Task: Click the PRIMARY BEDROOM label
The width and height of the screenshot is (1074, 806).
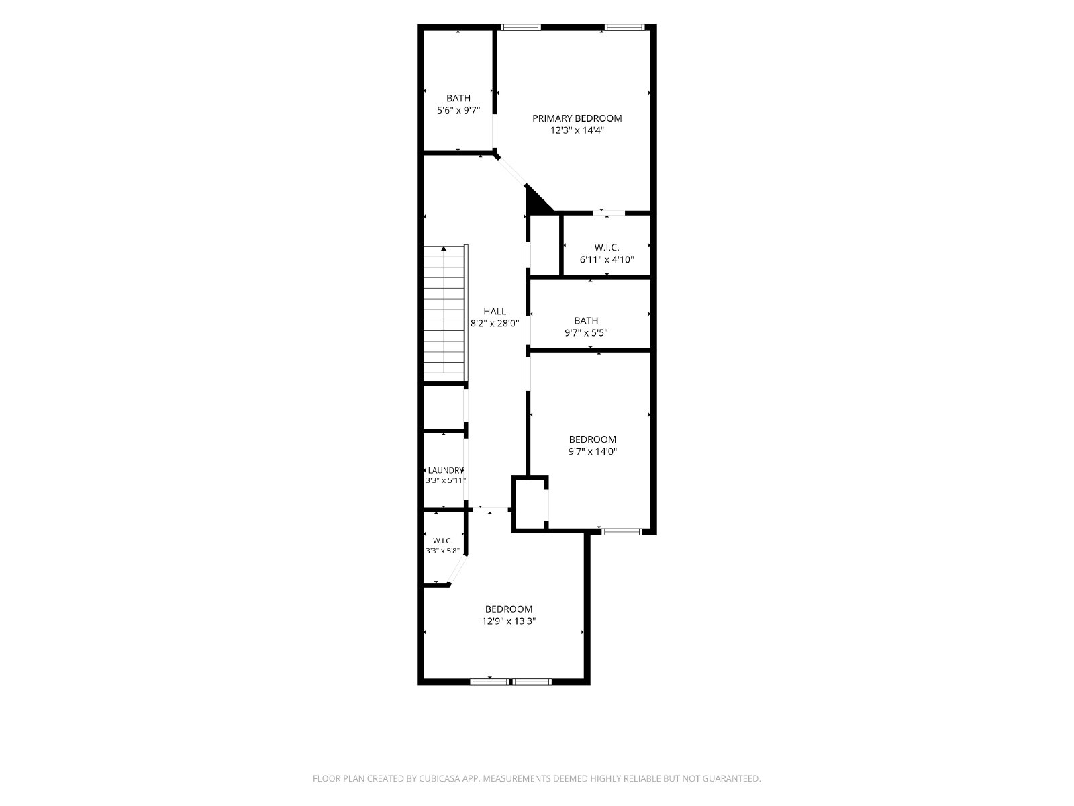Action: (577, 118)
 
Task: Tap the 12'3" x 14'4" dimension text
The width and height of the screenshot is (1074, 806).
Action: (577, 130)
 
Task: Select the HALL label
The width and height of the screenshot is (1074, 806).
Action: (495, 311)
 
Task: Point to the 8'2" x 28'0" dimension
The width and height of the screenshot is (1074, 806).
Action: (495, 323)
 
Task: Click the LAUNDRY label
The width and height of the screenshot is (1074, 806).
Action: (445, 470)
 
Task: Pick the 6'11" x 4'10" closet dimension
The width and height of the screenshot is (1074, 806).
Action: (607, 259)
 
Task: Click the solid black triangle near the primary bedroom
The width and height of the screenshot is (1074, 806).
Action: (536, 202)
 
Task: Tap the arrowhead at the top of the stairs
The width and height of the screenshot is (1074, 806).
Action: (444, 249)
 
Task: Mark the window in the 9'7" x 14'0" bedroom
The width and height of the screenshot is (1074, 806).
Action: (621, 531)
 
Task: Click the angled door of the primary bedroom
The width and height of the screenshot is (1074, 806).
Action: (511, 171)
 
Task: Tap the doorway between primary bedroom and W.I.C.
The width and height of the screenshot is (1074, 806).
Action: (609, 213)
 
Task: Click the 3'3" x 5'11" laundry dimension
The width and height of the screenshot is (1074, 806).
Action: (446, 480)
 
